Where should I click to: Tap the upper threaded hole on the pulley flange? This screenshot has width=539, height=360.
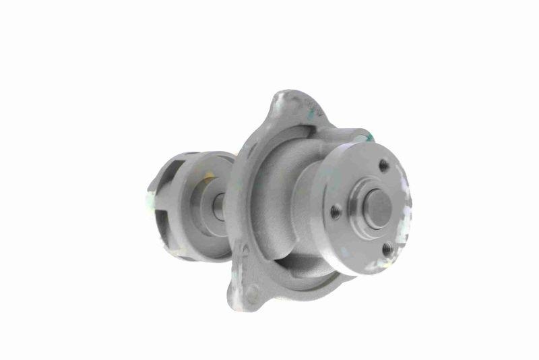(x=383, y=164)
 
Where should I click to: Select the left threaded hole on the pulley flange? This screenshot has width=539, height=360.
(x=336, y=213)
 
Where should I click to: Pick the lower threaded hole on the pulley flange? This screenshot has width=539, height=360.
(x=387, y=250)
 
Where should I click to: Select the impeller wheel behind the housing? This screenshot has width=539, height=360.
(x=179, y=202)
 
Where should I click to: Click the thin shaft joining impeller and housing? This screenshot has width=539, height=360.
(x=219, y=207)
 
